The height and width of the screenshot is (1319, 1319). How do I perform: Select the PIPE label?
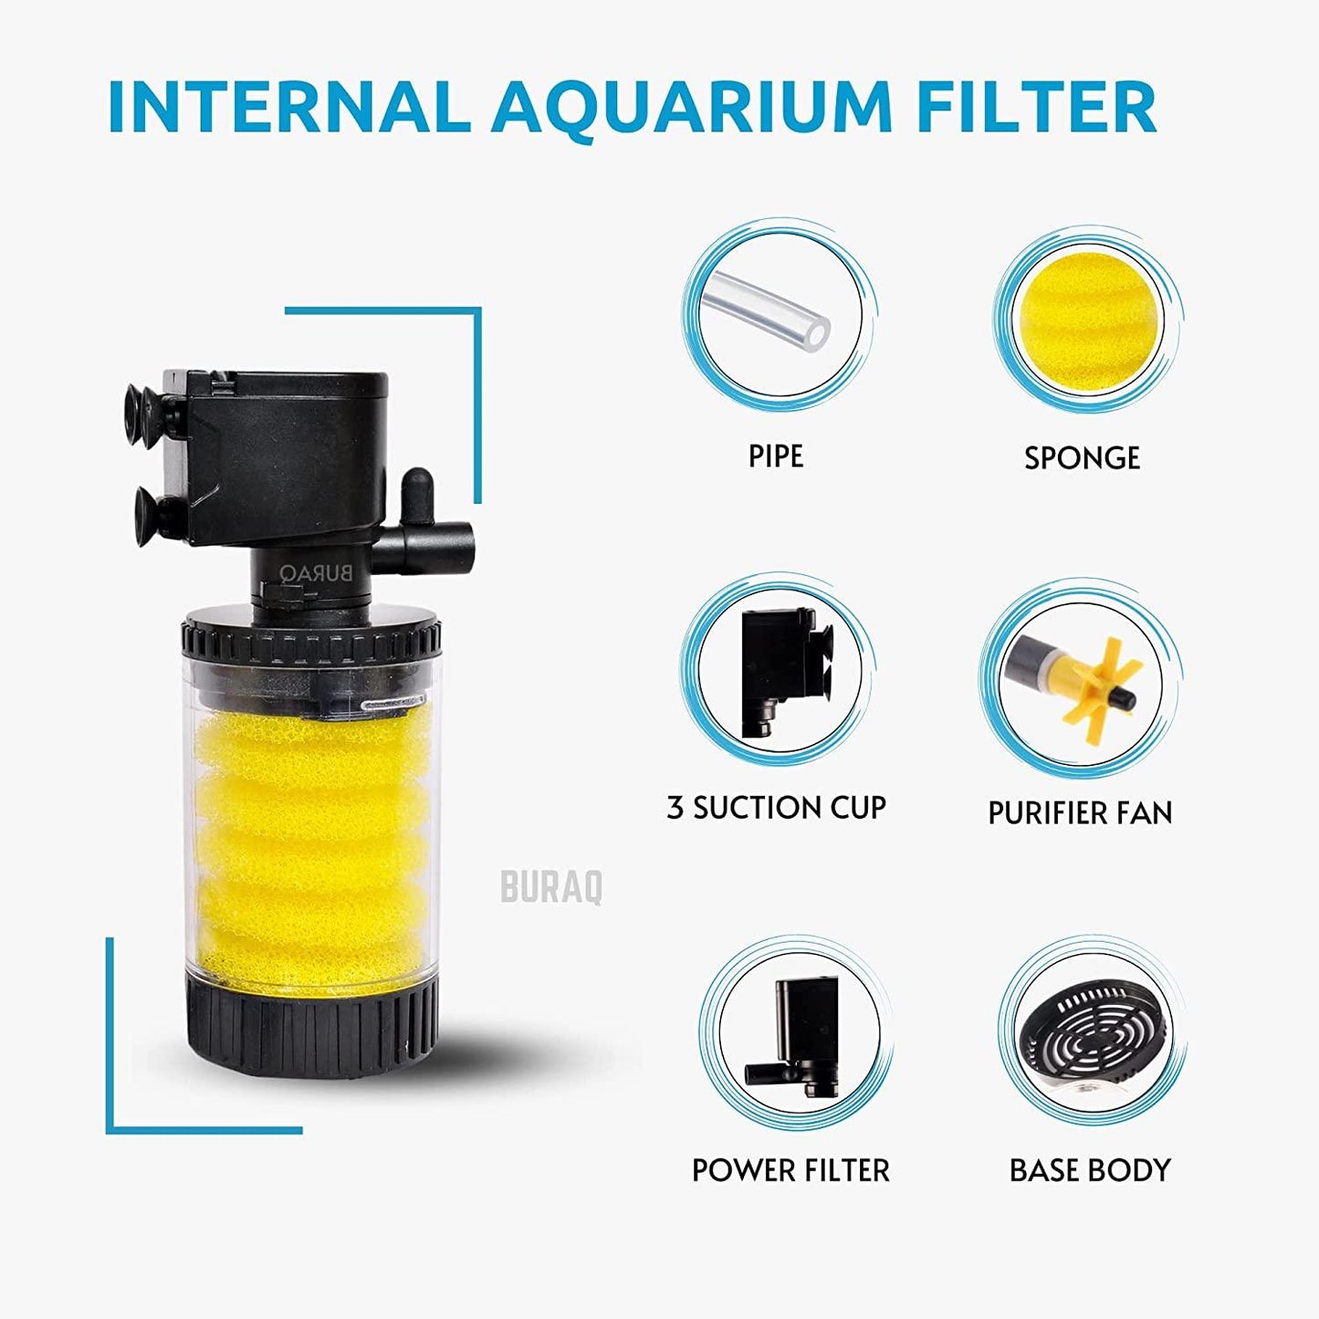(x=776, y=455)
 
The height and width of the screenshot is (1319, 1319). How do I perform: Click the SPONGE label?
(x=1082, y=457)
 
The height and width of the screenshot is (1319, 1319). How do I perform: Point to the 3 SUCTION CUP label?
(x=776, y=808)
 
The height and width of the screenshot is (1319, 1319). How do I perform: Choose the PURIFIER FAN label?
(x=1080, y=812)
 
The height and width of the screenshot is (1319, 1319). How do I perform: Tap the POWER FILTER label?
(x=790, y=1170)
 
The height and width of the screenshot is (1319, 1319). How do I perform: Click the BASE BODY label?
(x=1090, y=1170)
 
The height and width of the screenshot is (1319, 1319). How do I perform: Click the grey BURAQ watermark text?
(x=551, y=886)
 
